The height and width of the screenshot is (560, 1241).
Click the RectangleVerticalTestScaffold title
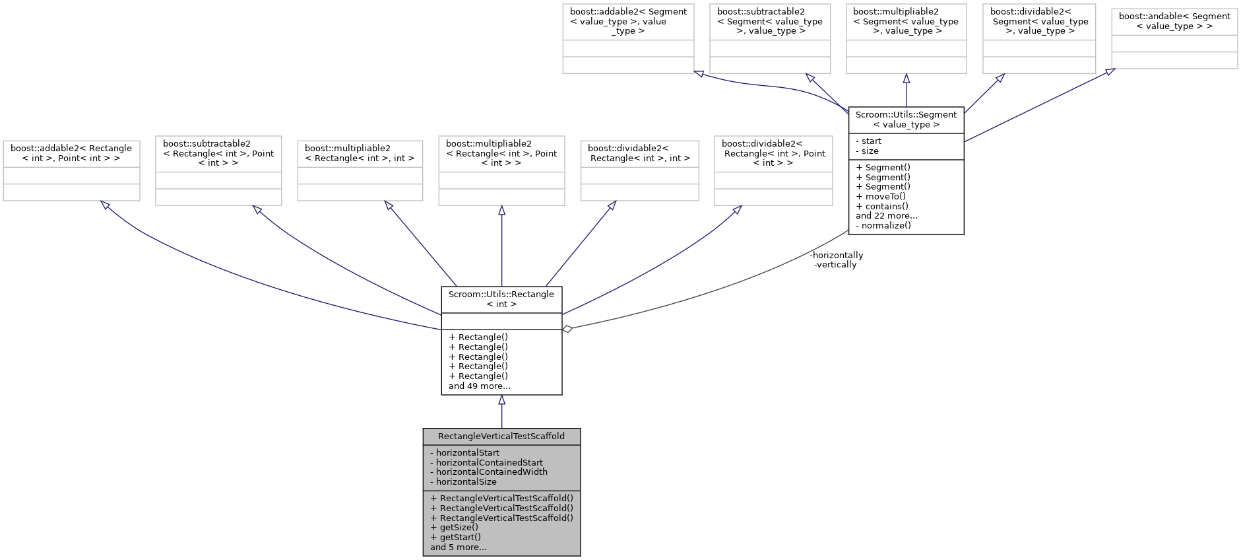[x=501, y=437]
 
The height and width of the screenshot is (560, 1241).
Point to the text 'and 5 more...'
[x=458, y=547]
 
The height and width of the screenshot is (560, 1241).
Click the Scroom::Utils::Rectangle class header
[x=501, y=299]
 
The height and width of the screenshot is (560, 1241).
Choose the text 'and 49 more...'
[x=479, y=386]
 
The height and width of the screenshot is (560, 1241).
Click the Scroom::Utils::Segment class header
[x=905, y=120]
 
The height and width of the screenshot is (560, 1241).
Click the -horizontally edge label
[x=836, y=255]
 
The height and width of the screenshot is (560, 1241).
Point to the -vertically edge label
[x=835, y=264]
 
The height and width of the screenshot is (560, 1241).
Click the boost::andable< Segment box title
[x=1174, y=21]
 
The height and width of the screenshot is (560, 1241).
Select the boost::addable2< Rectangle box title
[x=71, y=153]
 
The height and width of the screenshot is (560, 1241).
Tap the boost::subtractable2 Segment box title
[x=769, y=21]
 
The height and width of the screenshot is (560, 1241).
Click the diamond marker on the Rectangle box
[x=567, y=328]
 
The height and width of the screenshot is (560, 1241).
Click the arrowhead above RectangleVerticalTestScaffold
[x=501, y=400]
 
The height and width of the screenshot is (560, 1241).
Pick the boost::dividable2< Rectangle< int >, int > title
[x=639, y=153]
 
